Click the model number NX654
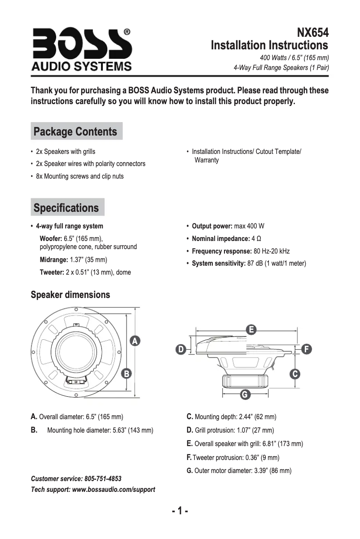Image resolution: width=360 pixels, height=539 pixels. pyautogui.click(x=312, y=33)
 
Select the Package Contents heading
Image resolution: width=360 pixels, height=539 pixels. pyautogui.click(x=76, y=131)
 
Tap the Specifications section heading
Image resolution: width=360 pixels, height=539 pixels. pyautogui.click(x=66, y=208)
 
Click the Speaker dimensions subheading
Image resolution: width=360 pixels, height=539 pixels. pyautogui.click(x=70, y=295)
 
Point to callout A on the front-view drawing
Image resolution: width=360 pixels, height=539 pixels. pyautogui.click(x=134, y=341)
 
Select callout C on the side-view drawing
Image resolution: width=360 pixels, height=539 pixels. pyautogui.click(x=295, y=374)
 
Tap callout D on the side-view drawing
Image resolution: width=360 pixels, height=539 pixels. pyautogui.click(x=180, y=349)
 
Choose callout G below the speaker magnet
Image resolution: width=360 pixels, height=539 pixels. pyautogui.click(x=245, y=395)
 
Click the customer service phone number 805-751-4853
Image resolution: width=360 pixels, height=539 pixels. pyautogui.click(x=103, y=479)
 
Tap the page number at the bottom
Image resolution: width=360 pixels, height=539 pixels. pyautogui.click(x=180, y=511)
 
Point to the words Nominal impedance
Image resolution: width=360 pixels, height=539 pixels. pyautogui.click(x=220, y=238)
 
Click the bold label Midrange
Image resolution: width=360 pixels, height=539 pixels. pyautogui.click(x=54, y=259)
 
